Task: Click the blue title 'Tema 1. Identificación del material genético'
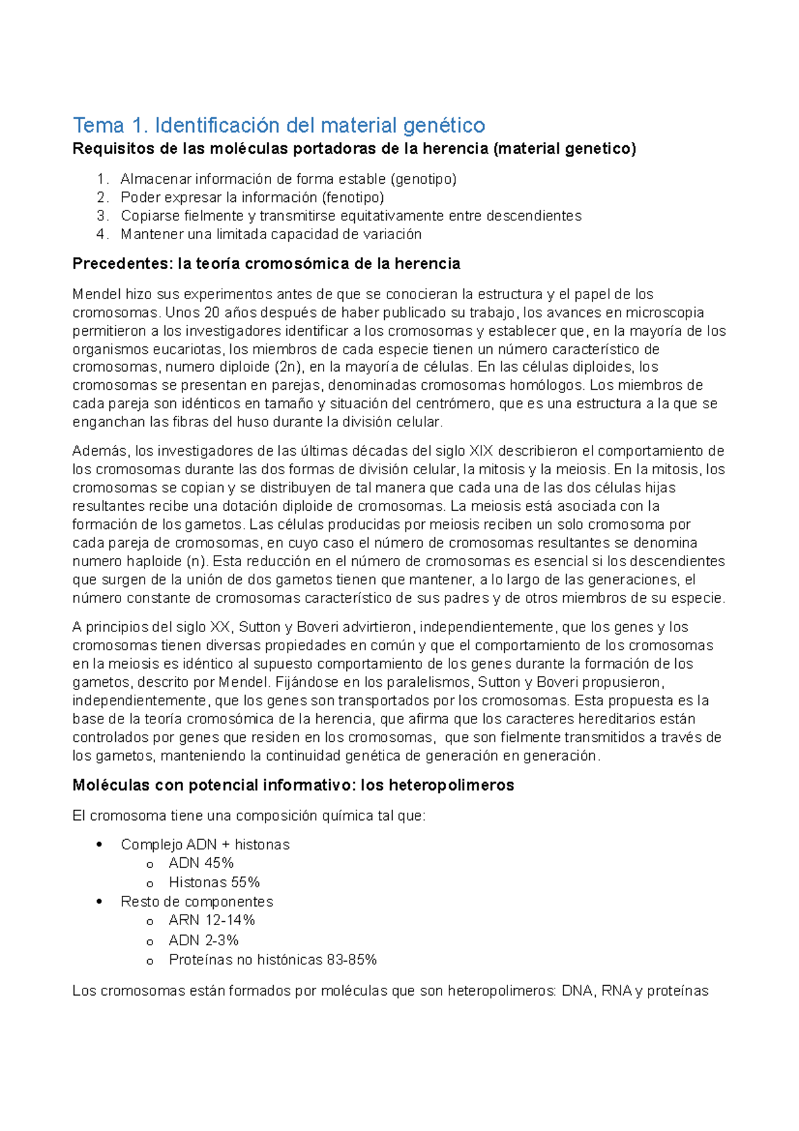tap(279, 125)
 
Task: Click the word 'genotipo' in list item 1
tap(424, 179)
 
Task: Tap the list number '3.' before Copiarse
tap(102, 216)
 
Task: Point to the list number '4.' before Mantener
tap(102, 234)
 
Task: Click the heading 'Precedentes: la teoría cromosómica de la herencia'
tap(266, 264)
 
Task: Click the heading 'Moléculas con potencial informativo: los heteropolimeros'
tap(293, 786)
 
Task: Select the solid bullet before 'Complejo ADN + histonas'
tap(100, 845)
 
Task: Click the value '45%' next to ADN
tap(219, 863)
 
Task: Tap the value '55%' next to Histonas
tap(245, 883)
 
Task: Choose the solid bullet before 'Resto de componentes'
tap(100, 902)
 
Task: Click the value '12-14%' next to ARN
tap(230, 921)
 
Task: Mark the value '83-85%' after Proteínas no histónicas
tap(352, 960)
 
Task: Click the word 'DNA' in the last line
tap(577, 991)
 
